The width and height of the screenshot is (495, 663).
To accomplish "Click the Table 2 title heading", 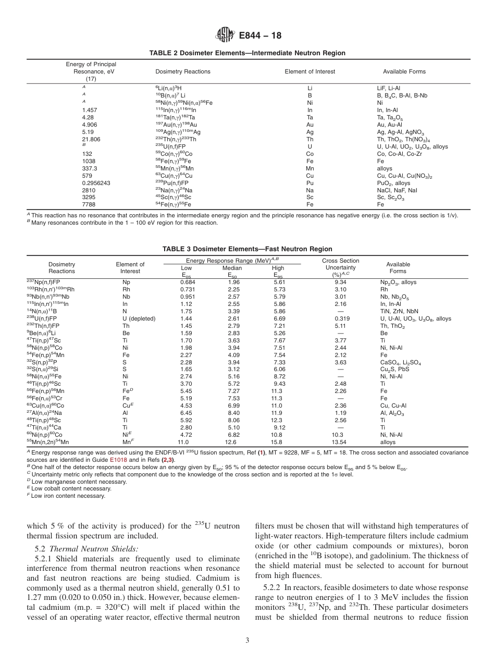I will pyautogui.click(x=247, y=53).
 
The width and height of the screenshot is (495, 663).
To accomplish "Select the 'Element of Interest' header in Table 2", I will pyautogui.click(x=310, y=71).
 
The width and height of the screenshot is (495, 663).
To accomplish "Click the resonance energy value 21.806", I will pyautogui.click(x=91, y=140).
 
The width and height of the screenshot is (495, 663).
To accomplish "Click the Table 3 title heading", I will pyautogui.click(x=247, y=249).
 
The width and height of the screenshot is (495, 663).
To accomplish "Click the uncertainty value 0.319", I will pyautogui.click(x=342, y=318).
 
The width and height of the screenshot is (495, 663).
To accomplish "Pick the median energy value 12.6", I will pyautogui.click(x=230, y=442).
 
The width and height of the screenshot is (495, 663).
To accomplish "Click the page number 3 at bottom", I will pyautogui.click(x=247, y=641).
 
